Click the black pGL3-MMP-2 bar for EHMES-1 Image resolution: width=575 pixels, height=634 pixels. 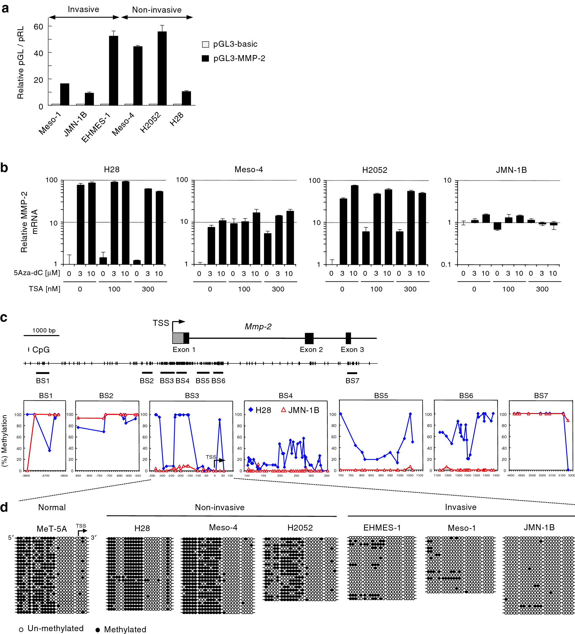pos(114,71)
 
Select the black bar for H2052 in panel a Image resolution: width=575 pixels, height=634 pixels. pos(162,69)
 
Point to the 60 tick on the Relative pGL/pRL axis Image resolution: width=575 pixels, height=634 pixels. pos(38,27)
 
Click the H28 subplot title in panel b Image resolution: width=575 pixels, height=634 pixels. pos(112,169)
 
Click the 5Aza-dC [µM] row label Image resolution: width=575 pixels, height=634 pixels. pos(37,273)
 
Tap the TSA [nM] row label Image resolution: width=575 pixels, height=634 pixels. pos(44,289)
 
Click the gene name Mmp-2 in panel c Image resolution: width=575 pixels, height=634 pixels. pos(258,326)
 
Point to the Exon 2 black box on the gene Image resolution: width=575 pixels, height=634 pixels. pos(309,338)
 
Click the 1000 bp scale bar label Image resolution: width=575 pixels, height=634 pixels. pos(44,330)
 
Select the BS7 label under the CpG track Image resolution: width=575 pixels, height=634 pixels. pos(352,381)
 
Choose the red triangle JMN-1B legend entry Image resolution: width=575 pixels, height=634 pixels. pos(300,410)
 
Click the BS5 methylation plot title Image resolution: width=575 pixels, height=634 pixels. pos(381,396)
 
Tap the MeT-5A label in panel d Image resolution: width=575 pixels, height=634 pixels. pos(52,529)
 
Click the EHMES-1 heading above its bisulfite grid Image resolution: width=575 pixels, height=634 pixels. pos(382,528)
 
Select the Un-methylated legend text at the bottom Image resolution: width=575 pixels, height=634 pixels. pos(55,628)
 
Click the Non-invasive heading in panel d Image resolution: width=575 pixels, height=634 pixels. pos(220,507)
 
